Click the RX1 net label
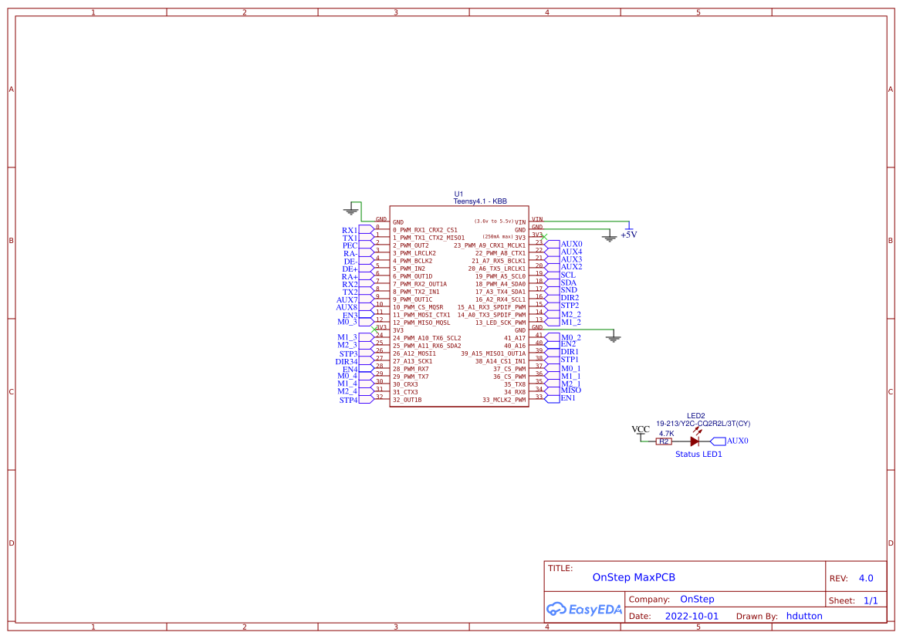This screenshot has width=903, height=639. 350,230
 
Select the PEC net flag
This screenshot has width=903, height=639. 350,245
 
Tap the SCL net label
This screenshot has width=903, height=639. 568,275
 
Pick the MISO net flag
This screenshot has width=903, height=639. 571,390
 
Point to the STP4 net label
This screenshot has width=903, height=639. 348,400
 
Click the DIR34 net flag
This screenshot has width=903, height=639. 347,361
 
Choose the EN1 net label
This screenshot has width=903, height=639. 568,398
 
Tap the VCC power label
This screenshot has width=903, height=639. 641,430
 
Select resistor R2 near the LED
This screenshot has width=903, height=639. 664,441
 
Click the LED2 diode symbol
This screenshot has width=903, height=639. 695,441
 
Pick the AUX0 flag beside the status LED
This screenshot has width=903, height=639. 737,441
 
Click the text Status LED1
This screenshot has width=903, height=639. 698,455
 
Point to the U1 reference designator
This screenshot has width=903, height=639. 458,194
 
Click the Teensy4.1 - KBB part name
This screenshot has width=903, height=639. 480,201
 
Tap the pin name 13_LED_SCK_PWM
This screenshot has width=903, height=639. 500,323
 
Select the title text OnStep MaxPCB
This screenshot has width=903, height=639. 634,577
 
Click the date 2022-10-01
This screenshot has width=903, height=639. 691,616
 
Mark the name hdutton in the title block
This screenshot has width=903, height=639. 804,616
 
